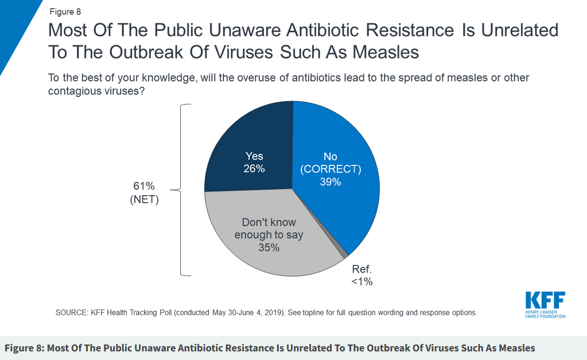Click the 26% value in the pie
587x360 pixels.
click(254, 169)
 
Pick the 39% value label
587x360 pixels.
click(330, 182)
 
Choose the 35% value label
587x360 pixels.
click(269, 247)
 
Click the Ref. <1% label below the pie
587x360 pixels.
click(362, 276)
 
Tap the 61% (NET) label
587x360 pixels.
click(144, 192)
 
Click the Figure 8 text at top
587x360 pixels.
click(65, 11)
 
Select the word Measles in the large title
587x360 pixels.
click(386, 52)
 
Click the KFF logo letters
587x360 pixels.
click(545, 300)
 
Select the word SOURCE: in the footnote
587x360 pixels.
click(72, 312)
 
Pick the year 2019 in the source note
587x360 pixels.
click(273, 312)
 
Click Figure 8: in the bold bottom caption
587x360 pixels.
click(24, 348)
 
